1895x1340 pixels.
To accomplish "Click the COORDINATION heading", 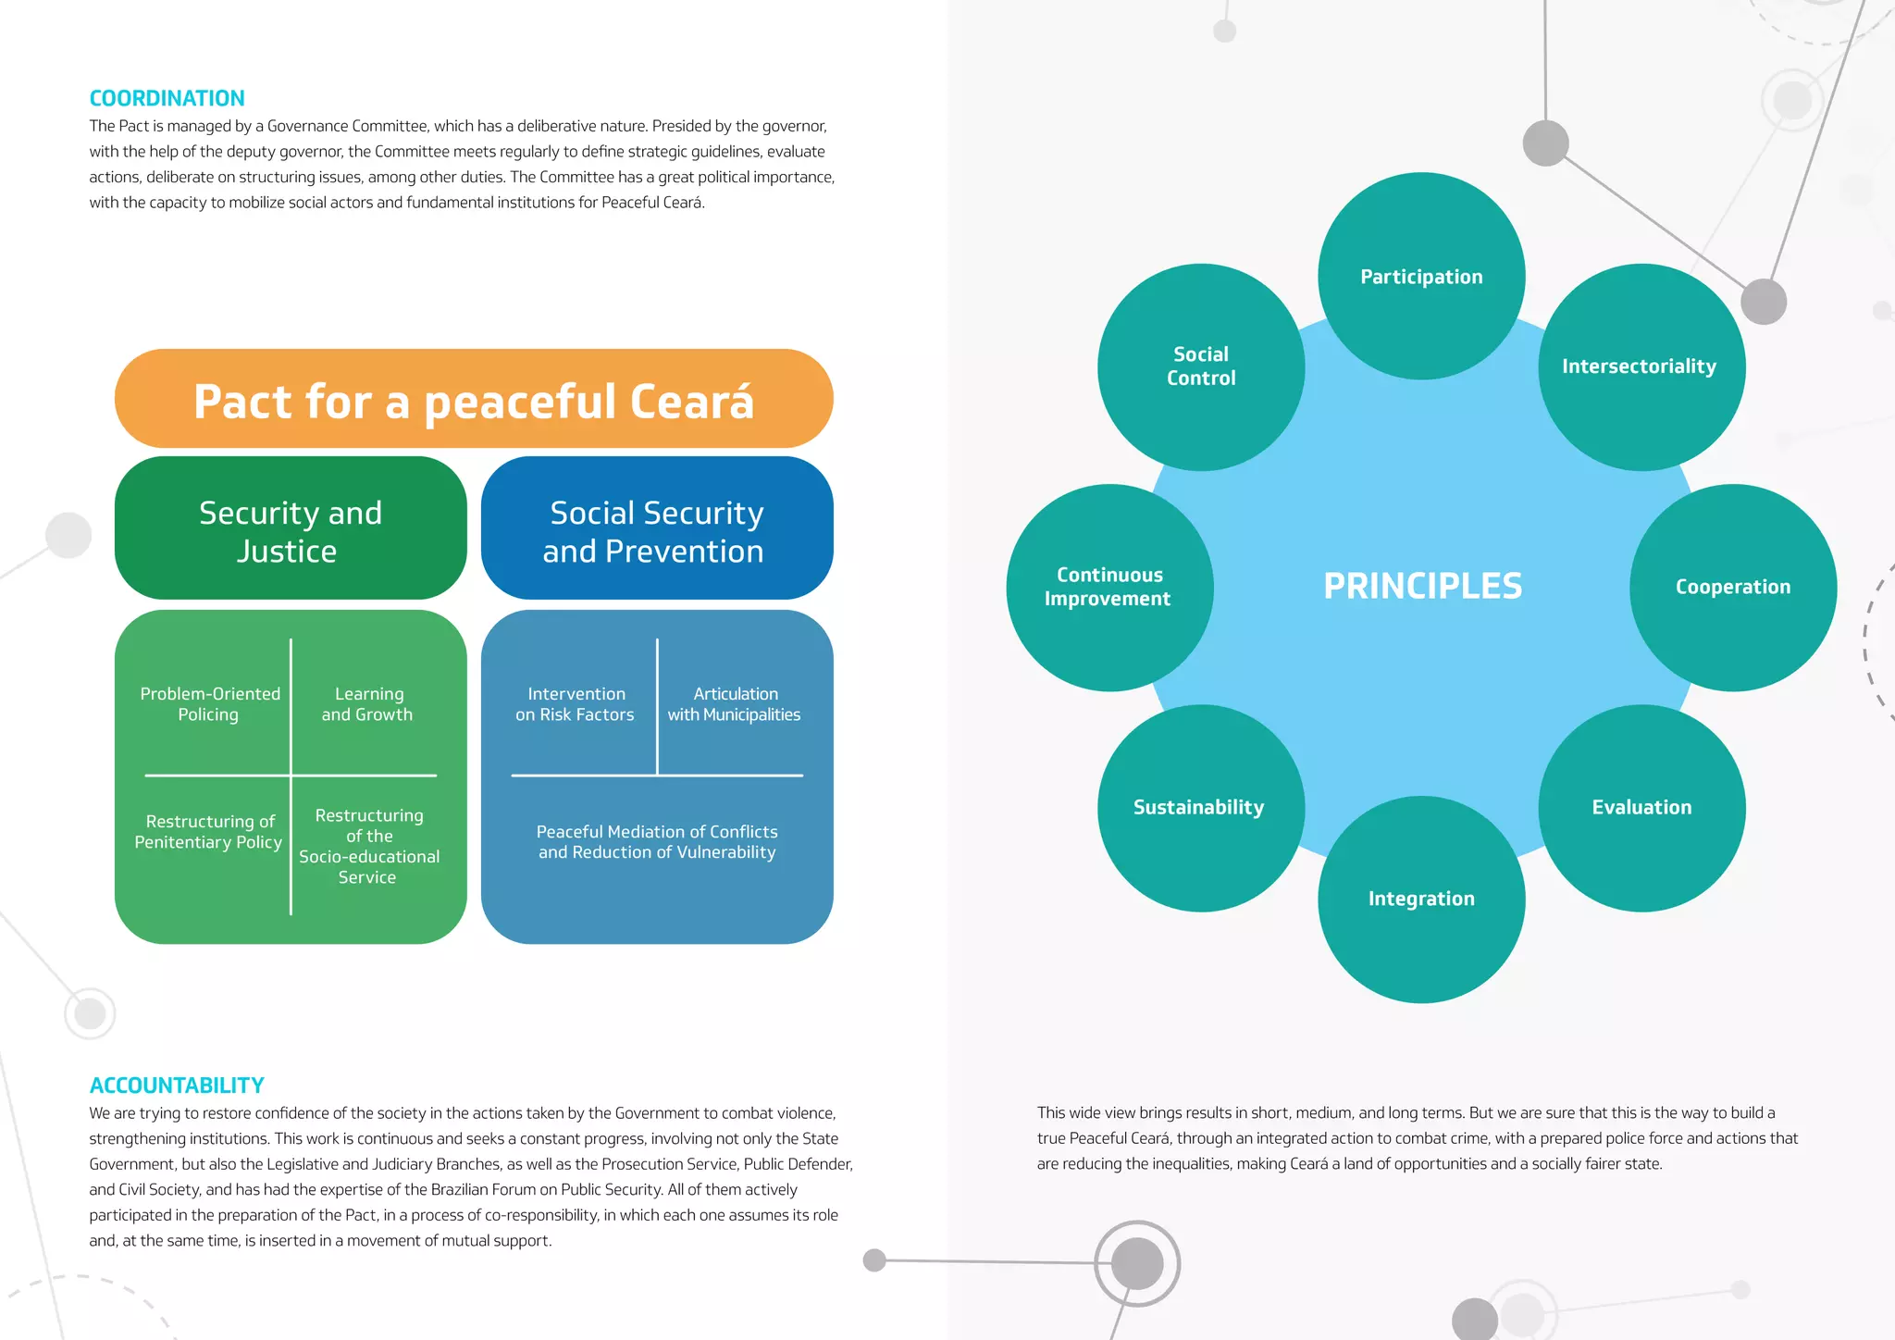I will [x=167, y=98].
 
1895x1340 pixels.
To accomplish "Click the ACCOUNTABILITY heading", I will [x=177, y=1085].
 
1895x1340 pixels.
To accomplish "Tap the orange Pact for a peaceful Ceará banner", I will [x=474, y=400].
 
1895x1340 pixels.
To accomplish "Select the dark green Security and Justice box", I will [x=291, y=529].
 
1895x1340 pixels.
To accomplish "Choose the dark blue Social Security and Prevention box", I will [x=657, y=529].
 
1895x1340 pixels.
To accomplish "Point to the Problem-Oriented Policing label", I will [x=210, y=704].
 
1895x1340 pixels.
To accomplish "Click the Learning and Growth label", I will [x=368, y=704].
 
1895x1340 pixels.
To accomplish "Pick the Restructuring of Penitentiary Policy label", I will [x=209, y=832].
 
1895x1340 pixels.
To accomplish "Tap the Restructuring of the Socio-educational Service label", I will [x=368, y=846].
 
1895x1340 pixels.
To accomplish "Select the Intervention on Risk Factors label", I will [x=576, y=704].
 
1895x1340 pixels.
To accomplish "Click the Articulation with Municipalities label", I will [x=735, y=704].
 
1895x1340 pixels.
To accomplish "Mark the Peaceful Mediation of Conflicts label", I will [x=657, y=842].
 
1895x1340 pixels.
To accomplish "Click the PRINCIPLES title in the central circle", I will [x=1422, y=586].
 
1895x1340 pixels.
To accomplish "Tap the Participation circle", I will [x=1421, y=276].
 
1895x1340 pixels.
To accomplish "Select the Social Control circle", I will [x=1201, y=366].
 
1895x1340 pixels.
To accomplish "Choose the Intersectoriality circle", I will [x=1641, y=366].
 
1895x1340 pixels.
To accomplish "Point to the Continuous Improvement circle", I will [x=1109, y=587].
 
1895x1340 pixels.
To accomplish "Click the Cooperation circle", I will [x=1733, y=587].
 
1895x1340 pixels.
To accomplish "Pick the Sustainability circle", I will [x=1200, y=807].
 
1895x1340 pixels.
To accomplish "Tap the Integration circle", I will [x=1421, y=899].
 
